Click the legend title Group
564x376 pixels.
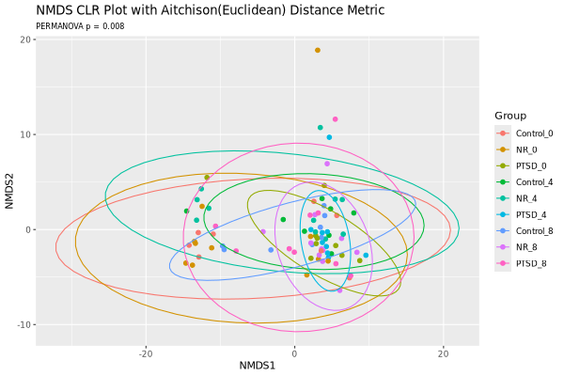(x=510, y=116)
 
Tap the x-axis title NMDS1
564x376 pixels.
(x=258, y=366)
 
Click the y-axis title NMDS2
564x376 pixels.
(x=9, y=191)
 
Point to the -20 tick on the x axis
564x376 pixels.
(x=146, y=353)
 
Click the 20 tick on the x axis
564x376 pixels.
(x=443, y=353)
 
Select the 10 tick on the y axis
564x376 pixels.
(x=26, y=134)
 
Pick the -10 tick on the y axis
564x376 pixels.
(x=24, y=324)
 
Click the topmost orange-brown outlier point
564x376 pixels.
(x=318, y=51)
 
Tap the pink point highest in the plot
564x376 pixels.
(x=336, y=119)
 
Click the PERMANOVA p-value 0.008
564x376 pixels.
(x=114, y=26)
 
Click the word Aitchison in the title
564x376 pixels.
(x=184, y=10)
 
